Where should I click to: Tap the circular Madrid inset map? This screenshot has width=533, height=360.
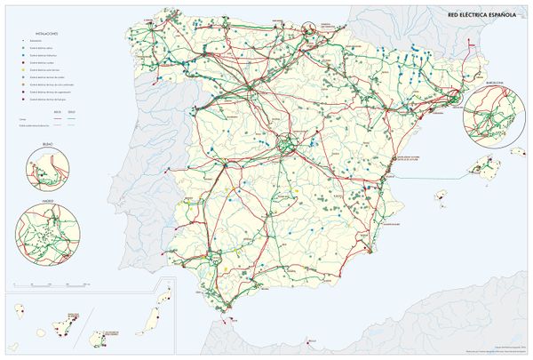(x=45, y=233)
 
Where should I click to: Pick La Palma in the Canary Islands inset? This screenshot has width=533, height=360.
(x=19, y=310)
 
